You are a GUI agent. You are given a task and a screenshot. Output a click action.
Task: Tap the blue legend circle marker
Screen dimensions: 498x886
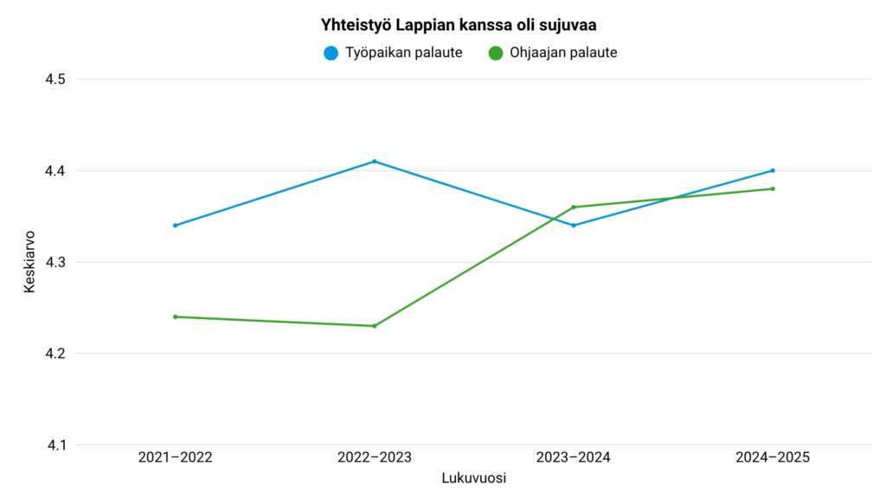331,53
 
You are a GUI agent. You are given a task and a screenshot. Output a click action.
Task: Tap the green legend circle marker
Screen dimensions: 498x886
496,53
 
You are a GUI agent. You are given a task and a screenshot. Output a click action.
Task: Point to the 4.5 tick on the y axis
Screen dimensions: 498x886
55,80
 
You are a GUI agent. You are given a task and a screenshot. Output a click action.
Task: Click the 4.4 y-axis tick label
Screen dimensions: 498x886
55,171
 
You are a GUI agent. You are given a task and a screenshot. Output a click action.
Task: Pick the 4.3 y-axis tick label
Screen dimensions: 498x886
55,262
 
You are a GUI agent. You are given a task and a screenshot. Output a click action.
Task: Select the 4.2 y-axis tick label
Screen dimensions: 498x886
55,354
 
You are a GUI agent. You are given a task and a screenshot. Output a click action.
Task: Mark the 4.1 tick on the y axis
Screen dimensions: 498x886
55,445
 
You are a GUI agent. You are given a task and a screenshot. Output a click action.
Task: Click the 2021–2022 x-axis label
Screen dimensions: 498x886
175,457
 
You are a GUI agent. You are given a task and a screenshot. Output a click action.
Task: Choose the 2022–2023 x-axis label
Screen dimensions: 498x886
374,457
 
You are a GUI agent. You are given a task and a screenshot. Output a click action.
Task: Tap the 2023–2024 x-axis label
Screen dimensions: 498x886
573,457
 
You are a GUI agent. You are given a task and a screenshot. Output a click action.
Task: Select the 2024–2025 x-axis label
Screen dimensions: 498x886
772,457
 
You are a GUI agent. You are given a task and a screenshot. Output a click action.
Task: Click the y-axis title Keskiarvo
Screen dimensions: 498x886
29,262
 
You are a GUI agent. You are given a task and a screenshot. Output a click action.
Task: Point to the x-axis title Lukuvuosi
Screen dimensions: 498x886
473,478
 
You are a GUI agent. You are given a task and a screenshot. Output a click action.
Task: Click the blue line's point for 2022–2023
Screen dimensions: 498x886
374,162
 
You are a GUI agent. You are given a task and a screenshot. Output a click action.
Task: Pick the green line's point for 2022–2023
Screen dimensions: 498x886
374,326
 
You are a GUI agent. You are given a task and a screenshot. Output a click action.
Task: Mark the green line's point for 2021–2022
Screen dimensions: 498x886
175,316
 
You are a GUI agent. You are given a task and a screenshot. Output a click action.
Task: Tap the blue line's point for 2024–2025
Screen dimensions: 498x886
772,170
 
